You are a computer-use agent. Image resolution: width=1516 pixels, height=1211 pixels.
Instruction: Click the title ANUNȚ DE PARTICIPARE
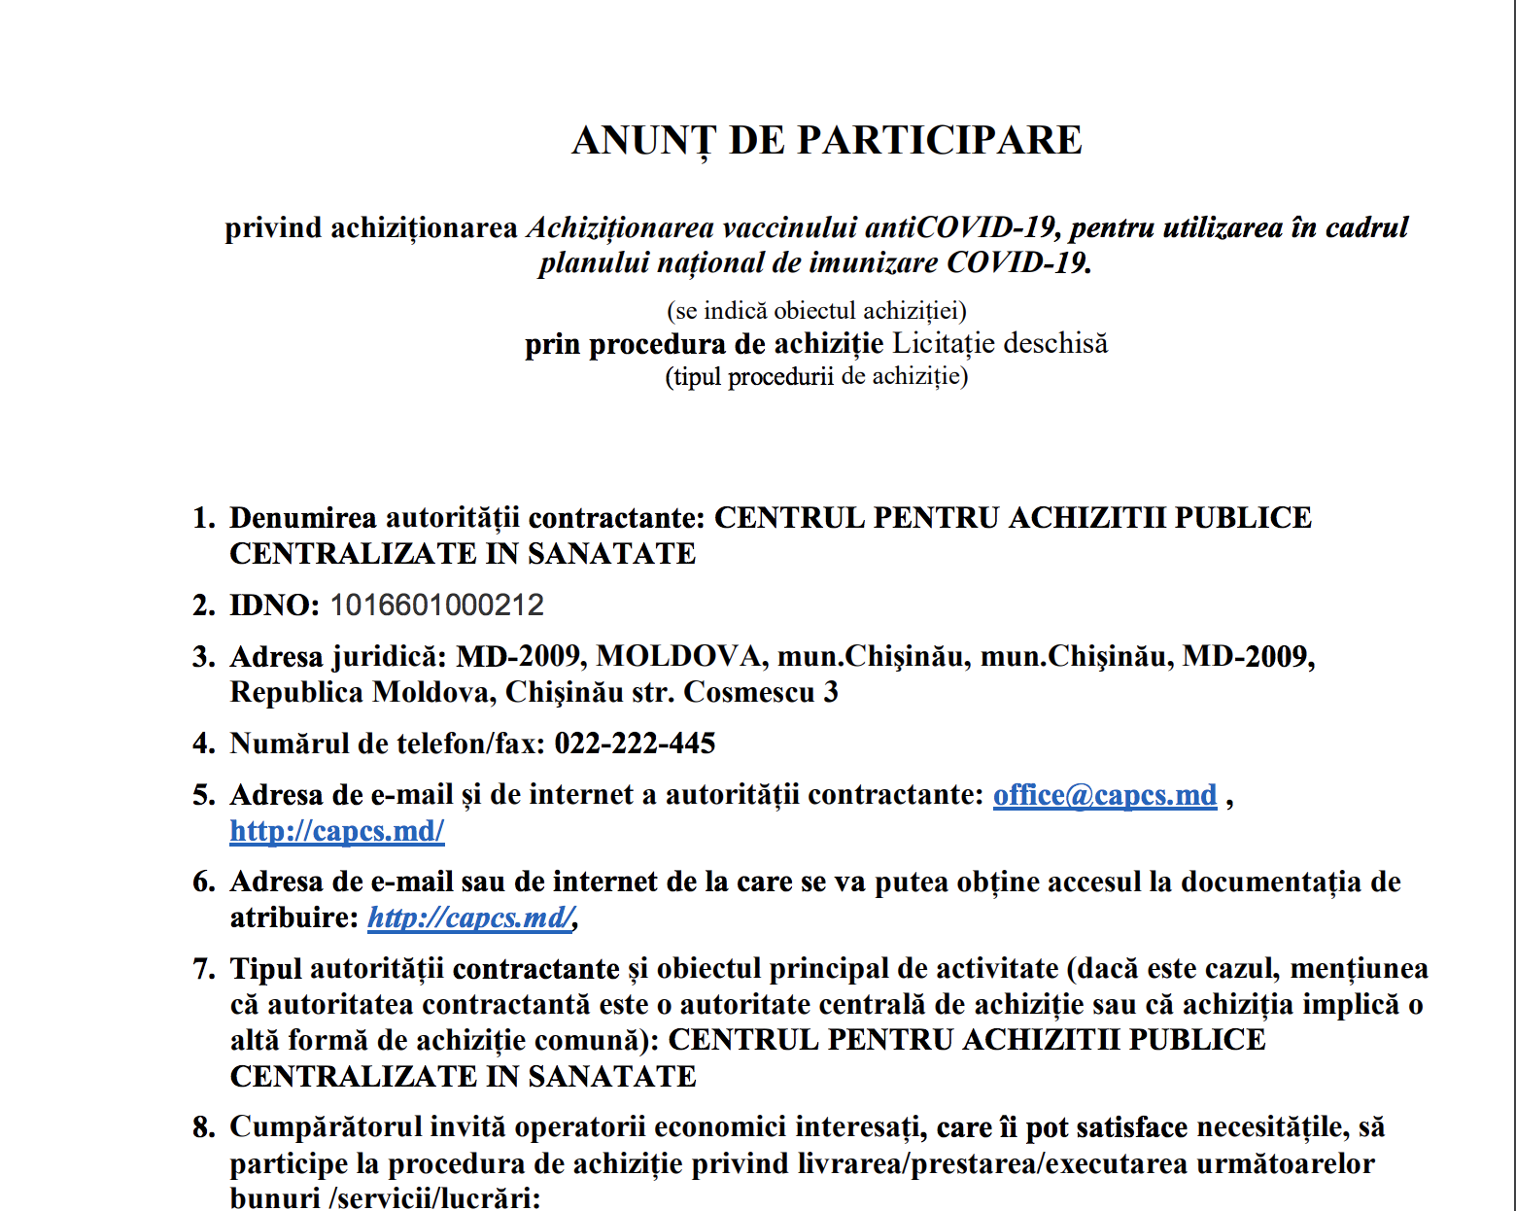(x=827, y=141)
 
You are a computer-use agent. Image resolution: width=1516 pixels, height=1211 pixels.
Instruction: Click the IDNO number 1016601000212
(x=436, y=605)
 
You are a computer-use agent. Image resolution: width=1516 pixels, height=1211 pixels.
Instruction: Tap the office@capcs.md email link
(x=1104, y=795)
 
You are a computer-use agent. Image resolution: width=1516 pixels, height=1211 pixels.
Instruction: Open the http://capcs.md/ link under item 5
(x=337, y=831)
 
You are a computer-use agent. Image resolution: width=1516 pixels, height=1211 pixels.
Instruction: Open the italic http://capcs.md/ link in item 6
(x=470, y=917)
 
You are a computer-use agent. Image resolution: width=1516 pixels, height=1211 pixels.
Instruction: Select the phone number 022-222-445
(x=635, y=744)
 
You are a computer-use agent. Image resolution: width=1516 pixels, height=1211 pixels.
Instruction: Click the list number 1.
(x=202, y=518)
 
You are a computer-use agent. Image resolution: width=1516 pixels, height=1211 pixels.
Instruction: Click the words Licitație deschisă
(x=1000, y=343)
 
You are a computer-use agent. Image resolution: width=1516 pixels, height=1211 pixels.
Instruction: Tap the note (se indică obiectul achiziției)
(x=816, y=311)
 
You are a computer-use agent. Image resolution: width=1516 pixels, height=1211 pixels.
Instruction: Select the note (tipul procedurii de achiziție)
(x=816, y=376)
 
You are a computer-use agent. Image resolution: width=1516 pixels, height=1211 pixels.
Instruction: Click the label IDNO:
(x=274, y=605)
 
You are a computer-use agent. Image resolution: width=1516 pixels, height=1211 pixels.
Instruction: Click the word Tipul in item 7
(x=265, y=969)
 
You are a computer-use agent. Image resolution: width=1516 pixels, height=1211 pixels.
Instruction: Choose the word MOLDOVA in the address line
(x=678, y=657)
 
